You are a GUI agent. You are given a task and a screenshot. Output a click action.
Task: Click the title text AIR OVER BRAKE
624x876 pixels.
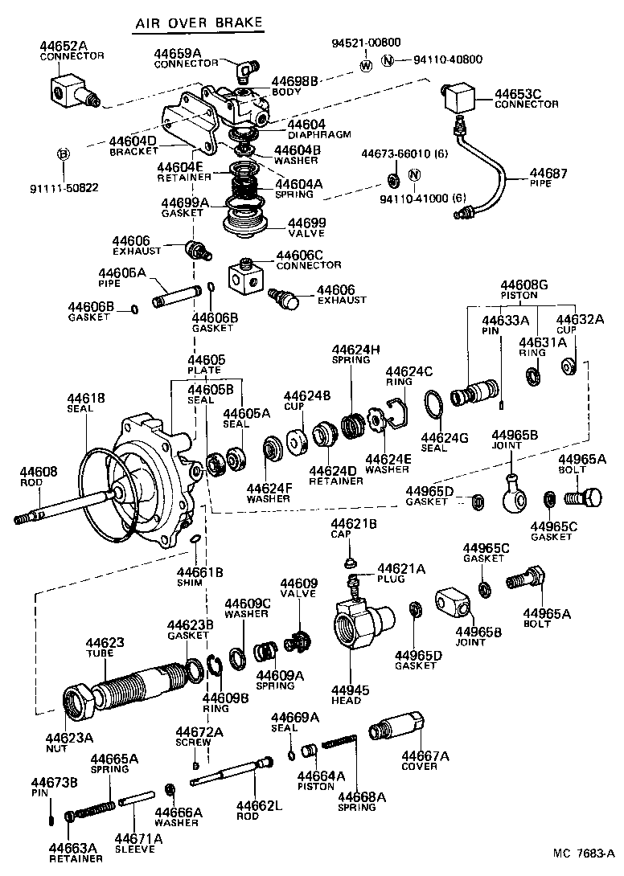pyautogui.click(x=198, y=23)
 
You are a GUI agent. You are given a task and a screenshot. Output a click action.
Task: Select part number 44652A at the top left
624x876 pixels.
pyautogui.click(x=60, y=46)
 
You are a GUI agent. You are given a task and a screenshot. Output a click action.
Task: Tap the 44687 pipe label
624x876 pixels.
pyautogui.click(x=547, y=173)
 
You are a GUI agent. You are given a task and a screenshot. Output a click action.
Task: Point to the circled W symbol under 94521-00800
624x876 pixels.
pyautogui.click(x=366, y=65)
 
